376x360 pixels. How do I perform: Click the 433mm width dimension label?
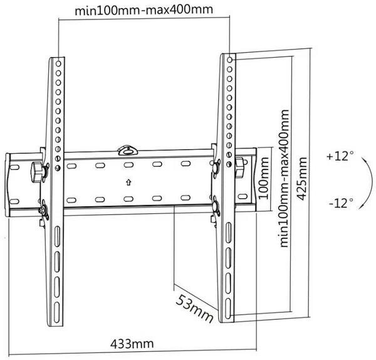[x=132, y=344]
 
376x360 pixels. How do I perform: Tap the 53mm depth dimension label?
[x=195, y=309]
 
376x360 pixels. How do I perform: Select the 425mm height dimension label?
[x=301, y=179]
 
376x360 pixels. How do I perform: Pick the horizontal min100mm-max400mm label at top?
[x=144, y=10]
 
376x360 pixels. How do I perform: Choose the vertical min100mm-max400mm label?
[x=284, y=178]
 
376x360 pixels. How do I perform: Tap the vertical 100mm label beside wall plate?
[x=263, y=178]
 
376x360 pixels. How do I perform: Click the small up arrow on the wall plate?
[x=128, y=183]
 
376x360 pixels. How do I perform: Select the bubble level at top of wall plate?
[x=128, y=151]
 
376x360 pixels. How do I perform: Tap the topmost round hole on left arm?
[x=58, y=63]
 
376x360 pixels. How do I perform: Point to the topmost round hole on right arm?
[x=229, y=60]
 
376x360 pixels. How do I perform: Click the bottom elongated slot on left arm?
[x=57, y=312]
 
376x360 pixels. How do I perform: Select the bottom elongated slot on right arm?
[x=228, y=309]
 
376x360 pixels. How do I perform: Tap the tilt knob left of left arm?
[x=37, y=172]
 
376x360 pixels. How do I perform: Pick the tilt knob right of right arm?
[x=240, y=167]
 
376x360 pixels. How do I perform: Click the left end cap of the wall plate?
[x=8, y=185]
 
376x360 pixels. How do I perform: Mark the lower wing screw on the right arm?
[x=216, y=206]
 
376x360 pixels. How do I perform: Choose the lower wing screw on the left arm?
[x=44, y=209]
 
